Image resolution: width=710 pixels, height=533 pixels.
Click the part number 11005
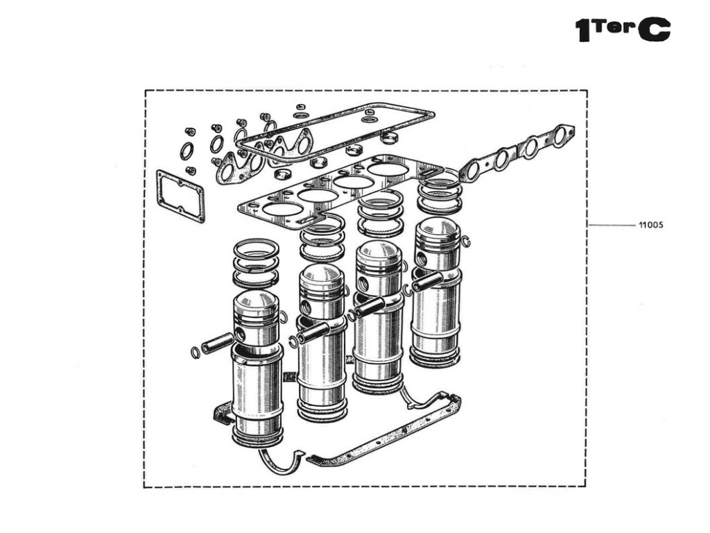coord(651,226)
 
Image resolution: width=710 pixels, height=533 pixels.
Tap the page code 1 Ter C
coord(623,30)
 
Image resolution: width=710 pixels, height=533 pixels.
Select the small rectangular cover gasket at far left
coord(181,195)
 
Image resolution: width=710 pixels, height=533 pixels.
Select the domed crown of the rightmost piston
coord(437,231)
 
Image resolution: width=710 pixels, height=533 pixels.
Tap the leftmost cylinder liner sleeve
coord(257,389)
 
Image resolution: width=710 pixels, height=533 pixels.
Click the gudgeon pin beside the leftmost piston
coord(218,342)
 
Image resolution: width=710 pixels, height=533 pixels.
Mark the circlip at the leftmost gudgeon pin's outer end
coord(196,353)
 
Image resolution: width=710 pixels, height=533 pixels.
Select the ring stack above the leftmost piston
coord(256,264)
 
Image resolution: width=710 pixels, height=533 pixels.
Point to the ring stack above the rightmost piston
coord(440,194)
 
